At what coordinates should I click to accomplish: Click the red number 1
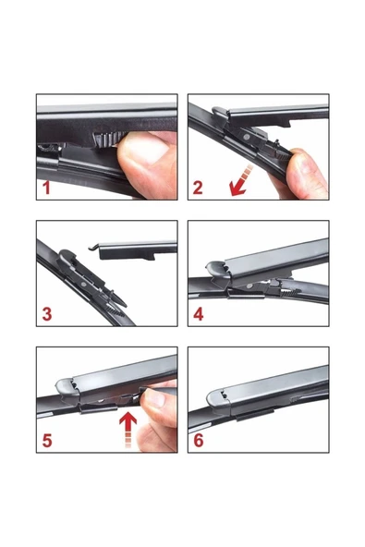tap(46, 187)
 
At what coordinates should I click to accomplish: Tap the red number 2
tap(198, 188)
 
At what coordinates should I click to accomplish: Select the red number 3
tap(47, 314)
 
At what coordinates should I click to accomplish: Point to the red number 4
tap(198, 314)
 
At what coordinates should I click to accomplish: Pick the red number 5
tap(47, 440)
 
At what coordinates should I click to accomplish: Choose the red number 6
tap(198, 440)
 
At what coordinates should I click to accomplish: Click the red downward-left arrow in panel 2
tap(241, 181)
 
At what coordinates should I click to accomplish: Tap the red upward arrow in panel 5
tap(128, 429)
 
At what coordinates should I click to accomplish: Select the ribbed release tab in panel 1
tap(105, 139)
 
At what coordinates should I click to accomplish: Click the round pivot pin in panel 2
tap(247, 137)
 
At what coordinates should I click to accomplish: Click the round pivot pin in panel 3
tap(84, 285)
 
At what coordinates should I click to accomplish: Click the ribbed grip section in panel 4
tap(291, 292)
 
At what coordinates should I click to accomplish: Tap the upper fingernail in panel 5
tap(155, 398)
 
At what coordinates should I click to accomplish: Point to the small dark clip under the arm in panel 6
tap(255, 415)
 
